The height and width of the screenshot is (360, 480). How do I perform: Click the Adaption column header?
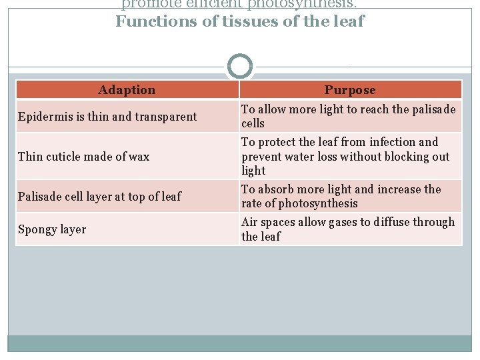(x=127, y=89)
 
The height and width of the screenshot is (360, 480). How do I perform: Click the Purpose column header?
(x=350, y=89)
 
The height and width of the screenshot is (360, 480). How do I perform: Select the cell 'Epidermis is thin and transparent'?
(x=107, y=117)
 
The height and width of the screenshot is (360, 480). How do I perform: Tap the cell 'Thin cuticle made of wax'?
(x=84, y=157)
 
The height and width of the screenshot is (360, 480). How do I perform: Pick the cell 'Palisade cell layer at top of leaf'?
(x=99, y=197)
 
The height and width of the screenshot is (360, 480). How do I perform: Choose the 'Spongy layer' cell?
(x=52, y=229)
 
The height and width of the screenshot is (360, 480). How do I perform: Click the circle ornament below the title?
(x=240, y=67)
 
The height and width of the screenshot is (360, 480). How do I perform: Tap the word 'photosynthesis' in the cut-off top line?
(x=307, y=3)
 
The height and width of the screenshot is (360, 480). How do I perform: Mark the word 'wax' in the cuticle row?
(x=139, y=157)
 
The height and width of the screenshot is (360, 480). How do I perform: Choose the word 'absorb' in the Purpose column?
(x=274, y=189)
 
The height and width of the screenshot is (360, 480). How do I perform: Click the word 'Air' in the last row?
(x=249, y=222)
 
